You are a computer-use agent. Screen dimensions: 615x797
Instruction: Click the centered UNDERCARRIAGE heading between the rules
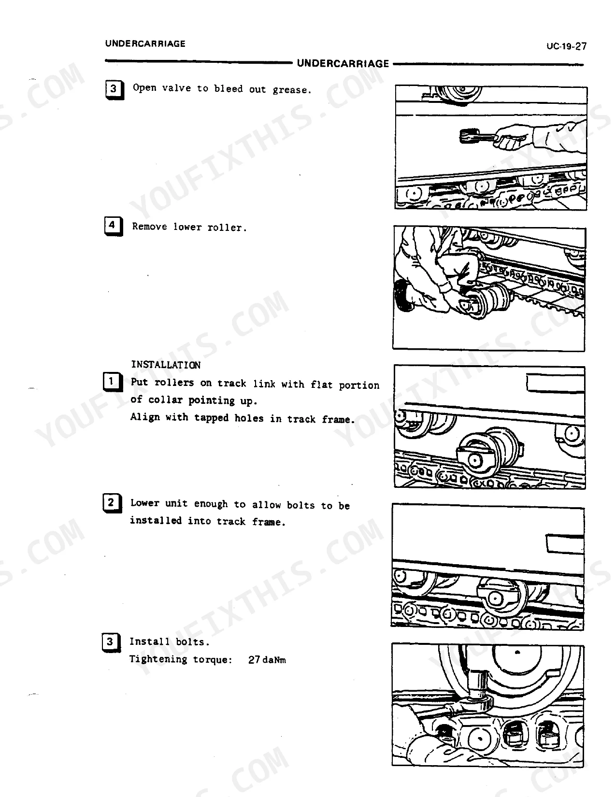(x=343, y=63)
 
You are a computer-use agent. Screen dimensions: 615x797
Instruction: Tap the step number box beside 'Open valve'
(x=114, y=90)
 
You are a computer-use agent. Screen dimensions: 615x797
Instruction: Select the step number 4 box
(x=114, y=226)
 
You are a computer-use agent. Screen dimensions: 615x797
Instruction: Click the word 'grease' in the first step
(x=289, y=90)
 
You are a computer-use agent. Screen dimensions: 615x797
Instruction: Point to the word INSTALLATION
(x=166, y=365)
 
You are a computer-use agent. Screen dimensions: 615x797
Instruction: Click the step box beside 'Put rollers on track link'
(x=112, y=382)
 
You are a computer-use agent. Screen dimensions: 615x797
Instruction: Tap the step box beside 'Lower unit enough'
(x=112, y=503)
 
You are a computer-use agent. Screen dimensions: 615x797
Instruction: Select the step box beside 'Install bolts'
(x=111, y=642)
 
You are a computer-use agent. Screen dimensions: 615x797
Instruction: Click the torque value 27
(x=254, y=659)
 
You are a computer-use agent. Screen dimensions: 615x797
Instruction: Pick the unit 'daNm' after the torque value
(x=274, y=660)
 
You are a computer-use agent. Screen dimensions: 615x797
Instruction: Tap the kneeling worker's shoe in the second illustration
(x=403, y=296)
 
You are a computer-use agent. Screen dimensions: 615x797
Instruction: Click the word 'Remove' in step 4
(x=149, y=226)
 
